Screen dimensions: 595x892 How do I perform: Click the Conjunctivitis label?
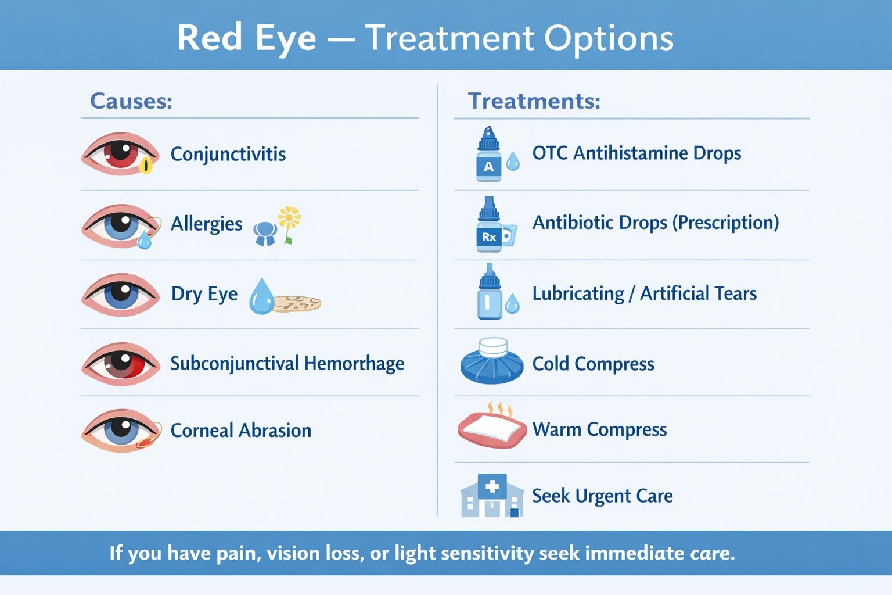(228, 154)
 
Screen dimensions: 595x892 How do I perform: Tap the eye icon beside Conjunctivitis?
(120, 154)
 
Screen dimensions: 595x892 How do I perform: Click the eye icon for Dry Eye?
(120, 295)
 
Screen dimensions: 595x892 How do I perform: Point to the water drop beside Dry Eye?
(261, 297)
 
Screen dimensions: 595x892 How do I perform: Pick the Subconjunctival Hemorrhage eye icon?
(120, 364)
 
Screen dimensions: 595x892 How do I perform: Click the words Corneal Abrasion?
(240, 431)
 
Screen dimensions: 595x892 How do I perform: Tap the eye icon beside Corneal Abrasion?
(120, 431)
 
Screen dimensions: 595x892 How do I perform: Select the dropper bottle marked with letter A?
(488, 156)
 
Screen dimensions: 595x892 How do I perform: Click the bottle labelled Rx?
(489, 225)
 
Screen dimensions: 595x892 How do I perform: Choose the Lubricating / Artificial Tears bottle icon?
(489, 292)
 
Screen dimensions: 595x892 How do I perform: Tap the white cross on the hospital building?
(492, 486)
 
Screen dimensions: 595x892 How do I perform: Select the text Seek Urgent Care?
(602, 496)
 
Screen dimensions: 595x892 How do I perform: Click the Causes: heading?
(131, 101)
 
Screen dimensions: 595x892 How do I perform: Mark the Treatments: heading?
(534, 101)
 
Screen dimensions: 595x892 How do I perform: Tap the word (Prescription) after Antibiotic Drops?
(725, 223)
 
